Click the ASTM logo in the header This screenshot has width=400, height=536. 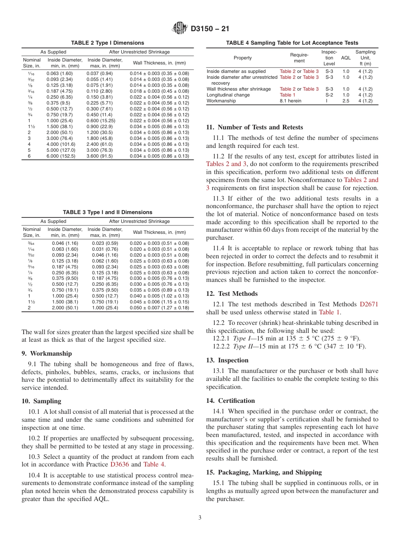[x=181, y=29]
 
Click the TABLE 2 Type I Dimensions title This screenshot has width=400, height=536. [x=107, y=43]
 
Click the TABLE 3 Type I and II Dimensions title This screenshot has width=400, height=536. [x=107, y=212]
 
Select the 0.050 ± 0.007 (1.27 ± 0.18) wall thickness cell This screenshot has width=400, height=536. [x=160, y=308]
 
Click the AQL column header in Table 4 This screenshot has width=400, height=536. [x=346, y=58]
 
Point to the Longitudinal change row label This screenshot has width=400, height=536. [x=228, y=95]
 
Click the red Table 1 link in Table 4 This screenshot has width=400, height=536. [x=288, y=95]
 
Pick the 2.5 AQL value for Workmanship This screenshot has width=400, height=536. [x=346, y=101]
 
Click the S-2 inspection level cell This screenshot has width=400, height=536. [x=329, y=95]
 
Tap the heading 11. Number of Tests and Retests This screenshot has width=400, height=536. [x=254, y=127]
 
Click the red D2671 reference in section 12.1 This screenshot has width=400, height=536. [x=369, y=304]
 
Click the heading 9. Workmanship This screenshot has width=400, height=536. [x=47, y=354]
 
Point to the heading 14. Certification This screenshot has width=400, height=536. [x=230, y=401]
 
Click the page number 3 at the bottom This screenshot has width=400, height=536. [x=200, y=518]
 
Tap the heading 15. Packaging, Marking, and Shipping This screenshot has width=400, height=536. [x=264, y=472]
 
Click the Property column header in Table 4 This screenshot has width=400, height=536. [x=243, y=58]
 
